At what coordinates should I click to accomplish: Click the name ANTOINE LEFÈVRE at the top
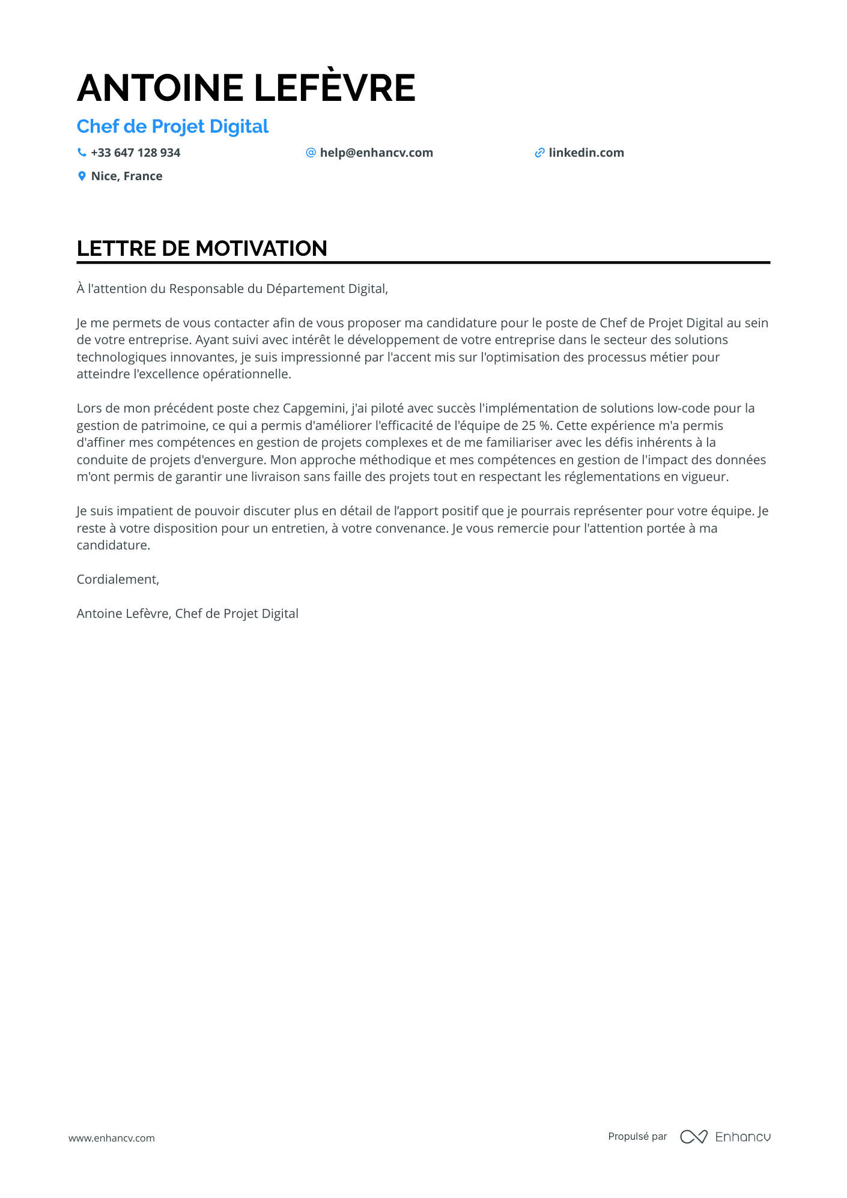246,88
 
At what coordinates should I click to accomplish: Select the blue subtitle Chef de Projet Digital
172,127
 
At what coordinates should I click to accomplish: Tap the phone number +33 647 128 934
136,153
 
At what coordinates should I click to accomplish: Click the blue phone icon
82,153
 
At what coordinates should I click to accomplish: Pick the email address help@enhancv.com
376,153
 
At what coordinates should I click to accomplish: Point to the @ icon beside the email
311,153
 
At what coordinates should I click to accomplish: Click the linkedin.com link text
586,153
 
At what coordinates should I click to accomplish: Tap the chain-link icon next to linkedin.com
539,153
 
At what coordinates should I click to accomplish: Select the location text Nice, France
127,177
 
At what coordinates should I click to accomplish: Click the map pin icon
82,176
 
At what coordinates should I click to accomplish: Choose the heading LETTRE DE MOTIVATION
202,249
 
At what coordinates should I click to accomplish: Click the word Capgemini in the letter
315,409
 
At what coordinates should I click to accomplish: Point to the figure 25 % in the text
536,426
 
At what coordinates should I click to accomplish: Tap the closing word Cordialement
118,579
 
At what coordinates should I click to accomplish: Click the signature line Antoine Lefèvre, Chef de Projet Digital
187,614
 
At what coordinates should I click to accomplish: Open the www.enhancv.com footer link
112,1138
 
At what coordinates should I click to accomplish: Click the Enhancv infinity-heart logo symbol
693,1137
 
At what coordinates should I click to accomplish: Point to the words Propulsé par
637,1137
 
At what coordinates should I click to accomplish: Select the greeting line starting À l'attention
232,289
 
